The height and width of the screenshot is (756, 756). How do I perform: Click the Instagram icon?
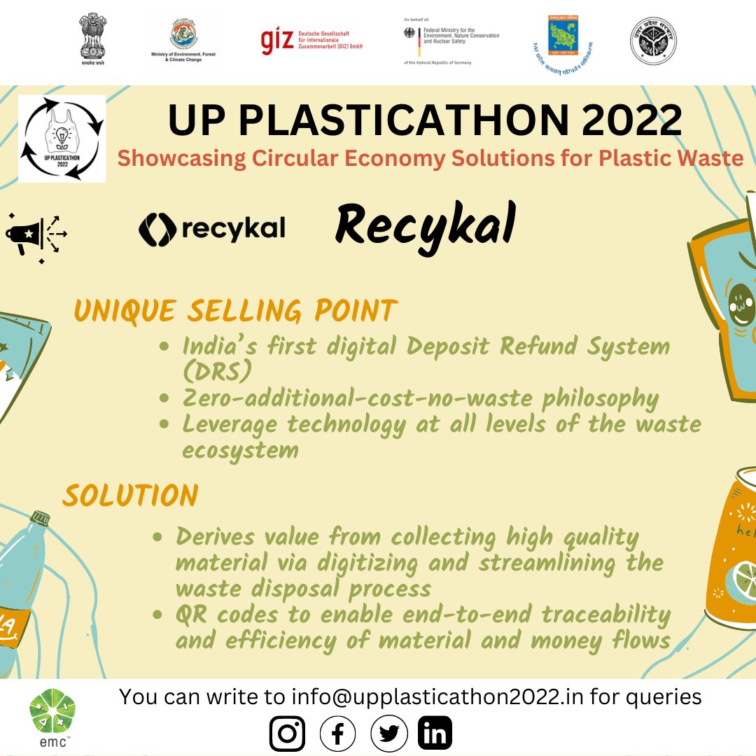(x=287, y=734)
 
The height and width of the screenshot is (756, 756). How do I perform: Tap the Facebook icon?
(x=337, y=734)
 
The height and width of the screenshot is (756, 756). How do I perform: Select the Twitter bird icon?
(x=388, y=734)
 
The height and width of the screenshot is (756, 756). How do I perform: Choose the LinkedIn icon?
(x=435, y=734)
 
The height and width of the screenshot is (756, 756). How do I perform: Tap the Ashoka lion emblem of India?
(x=94, y=38)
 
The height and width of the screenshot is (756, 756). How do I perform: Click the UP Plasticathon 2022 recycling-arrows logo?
(x=62, y=139)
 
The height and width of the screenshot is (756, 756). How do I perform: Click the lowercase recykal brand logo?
(x=212, y=230)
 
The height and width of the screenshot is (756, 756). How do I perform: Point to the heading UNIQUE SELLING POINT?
(x=235, y=311)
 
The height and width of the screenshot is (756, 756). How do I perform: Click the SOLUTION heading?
(x=130, y=496)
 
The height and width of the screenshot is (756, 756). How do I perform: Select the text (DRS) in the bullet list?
(x=216, y=372)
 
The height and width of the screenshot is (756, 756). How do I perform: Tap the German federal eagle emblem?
(x=409, y=33)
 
